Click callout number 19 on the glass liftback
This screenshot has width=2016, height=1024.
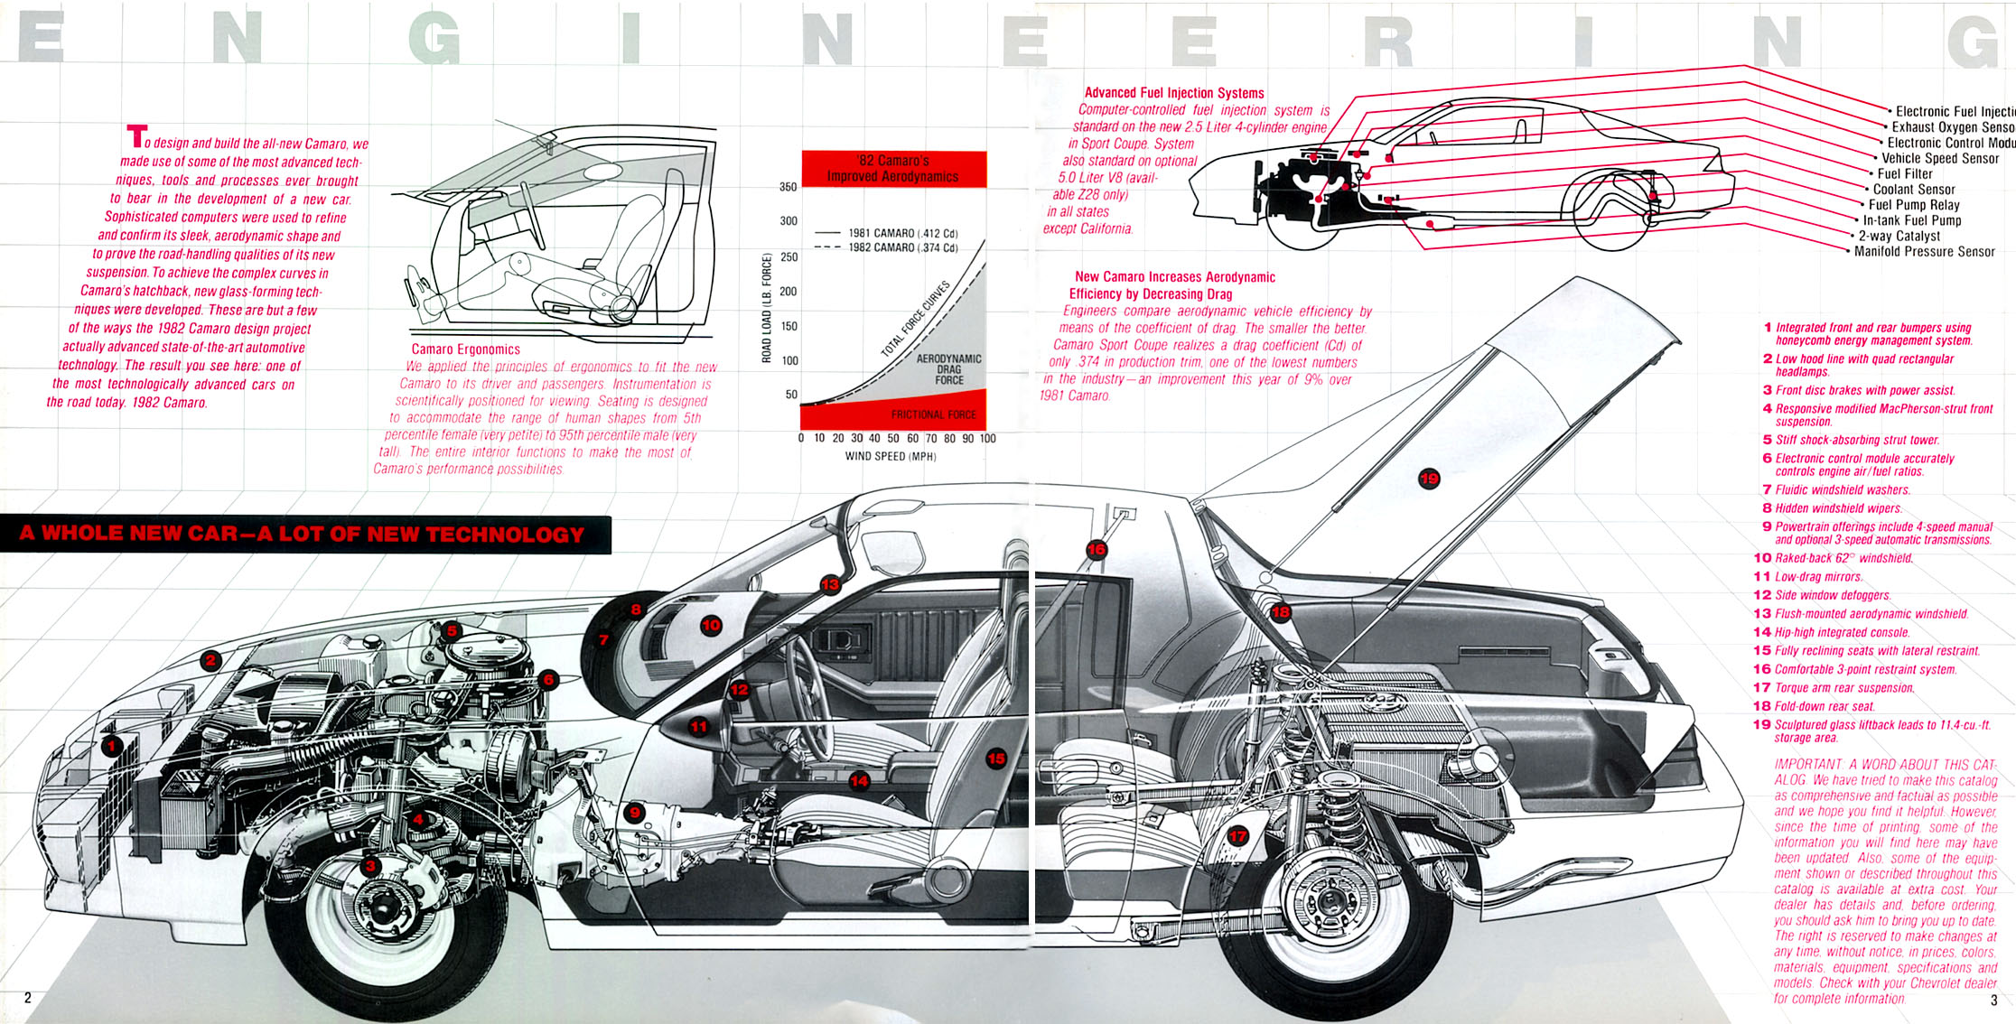coord(1428,479)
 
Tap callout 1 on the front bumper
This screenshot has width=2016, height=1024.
coord(111,746)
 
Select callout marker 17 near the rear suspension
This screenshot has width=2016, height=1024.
coord(1237,836)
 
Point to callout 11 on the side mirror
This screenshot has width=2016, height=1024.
coord(698,726)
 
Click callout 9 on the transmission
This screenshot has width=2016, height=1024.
coord(635,812)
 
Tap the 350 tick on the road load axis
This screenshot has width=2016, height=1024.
coord(788,188)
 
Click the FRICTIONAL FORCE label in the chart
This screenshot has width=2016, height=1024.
coord(933,414)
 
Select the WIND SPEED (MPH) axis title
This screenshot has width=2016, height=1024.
coord(890,457)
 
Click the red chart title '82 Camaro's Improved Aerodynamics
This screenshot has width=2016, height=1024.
coord(892,169)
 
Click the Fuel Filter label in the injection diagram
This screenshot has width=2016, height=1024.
coord(1904,173)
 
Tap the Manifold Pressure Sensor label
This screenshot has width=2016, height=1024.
coord(1923,252)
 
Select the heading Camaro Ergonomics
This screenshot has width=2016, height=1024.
coord(465,349)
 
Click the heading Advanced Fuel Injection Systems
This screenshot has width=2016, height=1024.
coord(1173,93)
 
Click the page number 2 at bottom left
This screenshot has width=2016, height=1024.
coord(28,997)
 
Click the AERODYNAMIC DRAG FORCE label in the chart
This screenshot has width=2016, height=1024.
coord(948,369)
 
